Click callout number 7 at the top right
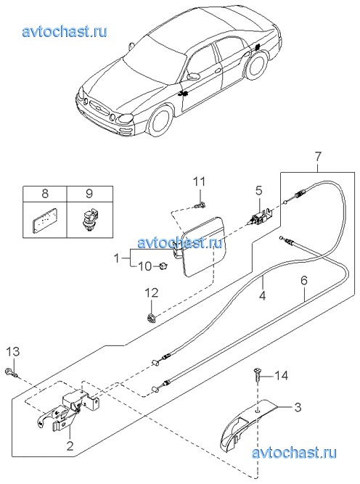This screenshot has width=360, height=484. pos(318,157)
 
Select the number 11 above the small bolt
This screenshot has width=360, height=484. pos(199,181)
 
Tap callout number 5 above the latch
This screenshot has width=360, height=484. pos(258,191)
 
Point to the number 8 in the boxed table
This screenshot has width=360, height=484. pos(45,194)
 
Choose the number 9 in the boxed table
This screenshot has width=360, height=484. pos(89,194)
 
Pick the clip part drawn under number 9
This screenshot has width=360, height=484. pos(89,218)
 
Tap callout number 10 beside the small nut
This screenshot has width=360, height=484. pos(145,266)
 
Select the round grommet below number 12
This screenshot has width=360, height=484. pos(151,318)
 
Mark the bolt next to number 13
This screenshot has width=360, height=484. pos(12,373)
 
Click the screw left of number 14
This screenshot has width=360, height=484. pos(256,374)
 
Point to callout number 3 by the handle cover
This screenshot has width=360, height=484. pos(298,407)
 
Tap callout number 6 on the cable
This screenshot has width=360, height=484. pos(304,280)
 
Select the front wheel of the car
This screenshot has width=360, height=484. pos(160,120)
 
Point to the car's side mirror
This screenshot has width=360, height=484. pos(193,76)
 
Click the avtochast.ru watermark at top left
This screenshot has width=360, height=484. pos(65,32)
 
